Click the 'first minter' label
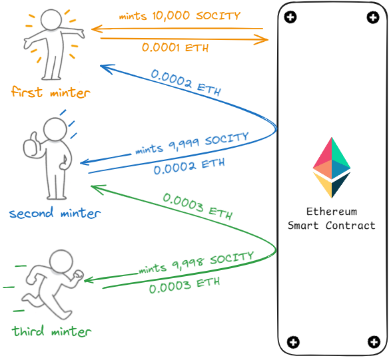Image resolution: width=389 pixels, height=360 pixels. coord(50,92)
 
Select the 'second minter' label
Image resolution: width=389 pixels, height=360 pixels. coord(55,214)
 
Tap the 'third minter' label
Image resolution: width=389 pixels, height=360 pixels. coord(51,331)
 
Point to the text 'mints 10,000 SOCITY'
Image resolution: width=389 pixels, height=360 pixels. coord(179,16)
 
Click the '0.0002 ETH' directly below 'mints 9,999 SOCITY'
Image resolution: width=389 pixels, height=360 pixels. coord(189,166)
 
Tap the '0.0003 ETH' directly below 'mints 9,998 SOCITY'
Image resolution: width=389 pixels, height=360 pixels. coord(184,285)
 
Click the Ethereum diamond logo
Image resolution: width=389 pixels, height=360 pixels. coord(332,168)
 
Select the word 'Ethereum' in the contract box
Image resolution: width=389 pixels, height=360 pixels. coord(331,212)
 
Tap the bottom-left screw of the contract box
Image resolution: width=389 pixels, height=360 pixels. coord(291,343)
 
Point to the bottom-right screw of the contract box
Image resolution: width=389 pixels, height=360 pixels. coord(374,343)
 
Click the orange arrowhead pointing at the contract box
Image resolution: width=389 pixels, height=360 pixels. coord(265,40)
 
